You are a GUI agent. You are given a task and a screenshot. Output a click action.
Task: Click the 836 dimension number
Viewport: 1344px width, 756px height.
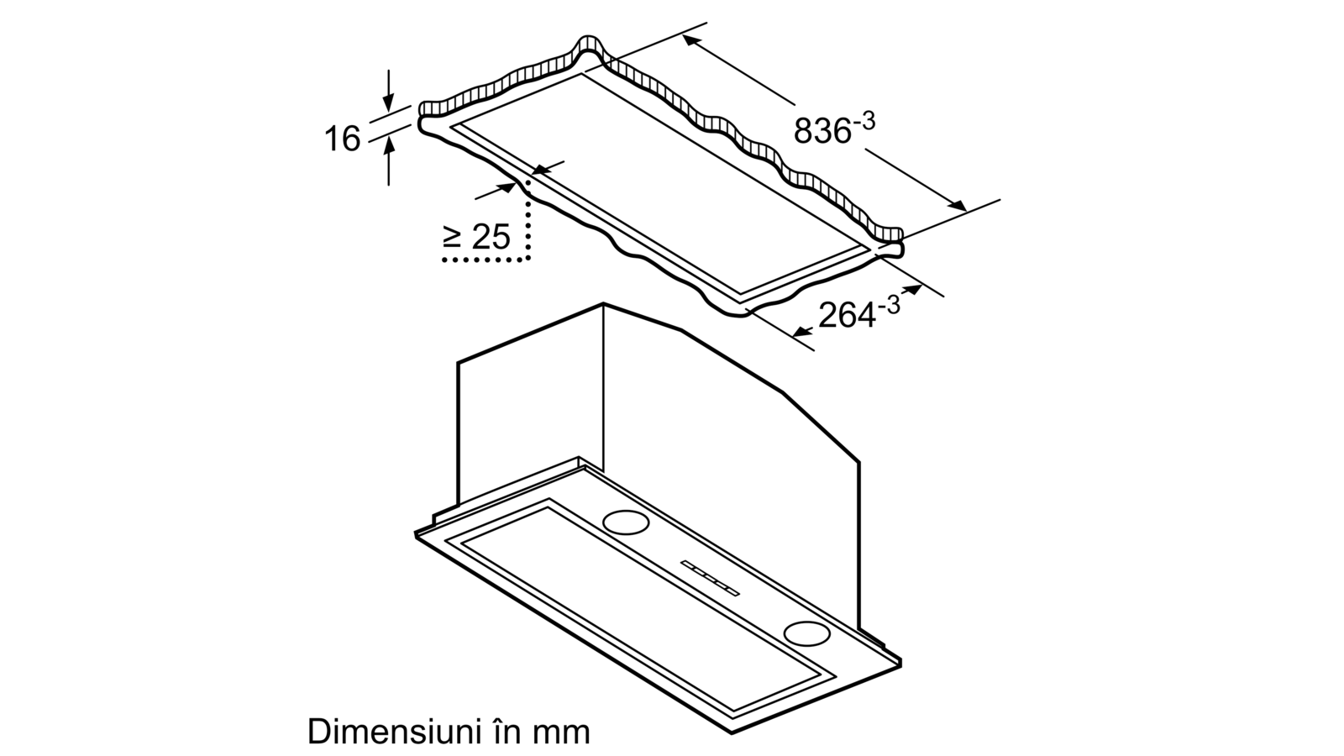[x=822, y=131]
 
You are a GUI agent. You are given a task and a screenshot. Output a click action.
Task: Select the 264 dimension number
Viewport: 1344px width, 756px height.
[x=847, y=316]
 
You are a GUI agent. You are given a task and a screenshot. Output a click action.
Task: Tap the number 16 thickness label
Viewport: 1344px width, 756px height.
[x=343, y=139]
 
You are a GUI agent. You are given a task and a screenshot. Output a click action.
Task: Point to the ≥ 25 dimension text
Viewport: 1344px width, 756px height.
[x=476, y=236]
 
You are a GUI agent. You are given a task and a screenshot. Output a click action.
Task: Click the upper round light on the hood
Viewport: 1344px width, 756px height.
[x=626, y=522]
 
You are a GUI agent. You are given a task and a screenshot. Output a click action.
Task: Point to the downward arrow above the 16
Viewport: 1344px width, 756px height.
[x=389, y=91]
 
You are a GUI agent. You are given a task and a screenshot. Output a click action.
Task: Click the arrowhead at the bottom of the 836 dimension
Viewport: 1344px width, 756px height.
[x=957, y=205]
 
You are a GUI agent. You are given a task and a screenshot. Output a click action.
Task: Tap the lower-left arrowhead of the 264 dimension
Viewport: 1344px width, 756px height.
[x=802, y=331]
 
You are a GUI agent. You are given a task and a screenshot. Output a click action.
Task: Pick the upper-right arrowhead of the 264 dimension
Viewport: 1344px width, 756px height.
[x=912, y=290]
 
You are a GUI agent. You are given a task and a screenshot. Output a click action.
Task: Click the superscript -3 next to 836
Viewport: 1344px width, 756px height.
[x=864, y=121]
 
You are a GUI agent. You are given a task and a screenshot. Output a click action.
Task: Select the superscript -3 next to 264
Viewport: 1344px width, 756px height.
[x=889, y=306]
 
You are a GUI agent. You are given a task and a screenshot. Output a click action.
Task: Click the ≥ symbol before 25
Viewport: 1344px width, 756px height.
[x=452, y=237]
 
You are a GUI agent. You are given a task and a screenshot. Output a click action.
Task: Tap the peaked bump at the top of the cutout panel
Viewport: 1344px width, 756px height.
[x=590, y=45]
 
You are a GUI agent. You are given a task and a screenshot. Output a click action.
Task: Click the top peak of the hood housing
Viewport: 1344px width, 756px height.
[x=603, y=303]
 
